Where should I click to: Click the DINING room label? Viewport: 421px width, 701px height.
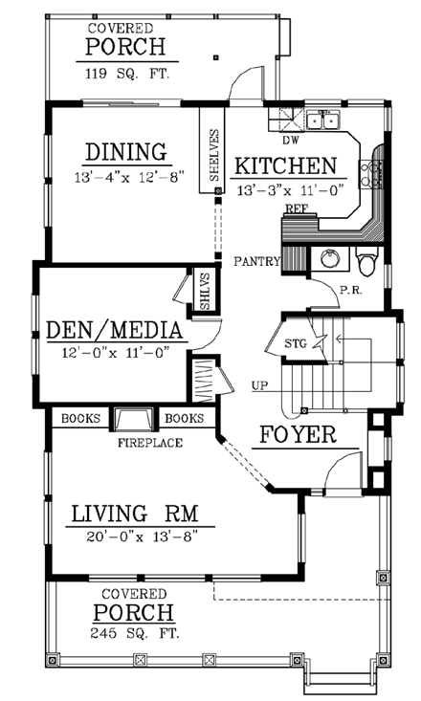[125, 152]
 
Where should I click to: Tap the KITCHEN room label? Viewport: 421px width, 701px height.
[285, 166]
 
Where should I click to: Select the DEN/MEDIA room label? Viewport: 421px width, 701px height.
[115, 330]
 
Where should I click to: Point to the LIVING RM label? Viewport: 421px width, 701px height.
[135, 514]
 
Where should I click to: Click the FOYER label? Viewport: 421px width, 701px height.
[298, 434]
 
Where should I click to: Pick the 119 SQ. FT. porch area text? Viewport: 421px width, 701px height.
[127, 74]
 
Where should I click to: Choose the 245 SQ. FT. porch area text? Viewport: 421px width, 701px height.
[135, 633]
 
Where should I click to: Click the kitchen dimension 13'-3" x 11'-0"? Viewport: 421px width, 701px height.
[289, 191]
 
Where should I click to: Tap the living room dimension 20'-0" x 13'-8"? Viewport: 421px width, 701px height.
[142, 537]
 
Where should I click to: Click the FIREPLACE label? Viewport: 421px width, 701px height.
[150, 443]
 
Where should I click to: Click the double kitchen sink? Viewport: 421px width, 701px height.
[323, 120]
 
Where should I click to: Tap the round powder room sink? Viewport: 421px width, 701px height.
[330, 258]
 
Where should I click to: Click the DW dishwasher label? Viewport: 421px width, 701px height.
[290, 141]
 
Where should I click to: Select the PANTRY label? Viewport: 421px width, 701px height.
[256, 261]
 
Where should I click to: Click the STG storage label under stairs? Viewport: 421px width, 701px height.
[296, 343]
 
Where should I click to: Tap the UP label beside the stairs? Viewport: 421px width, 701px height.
[259, 385]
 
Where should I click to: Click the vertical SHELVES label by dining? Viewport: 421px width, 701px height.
[214, 155]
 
